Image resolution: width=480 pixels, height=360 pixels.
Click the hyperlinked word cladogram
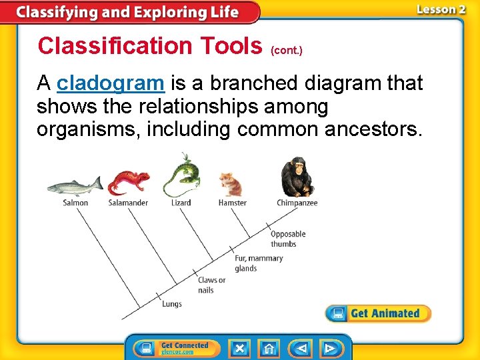click(x=110, y=83)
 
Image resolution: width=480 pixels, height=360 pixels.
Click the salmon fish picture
click(x=75, y=185)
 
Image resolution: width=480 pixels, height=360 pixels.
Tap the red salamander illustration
click(x=129, y=181)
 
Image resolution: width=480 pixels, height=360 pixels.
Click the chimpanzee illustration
click(x=297, y=177)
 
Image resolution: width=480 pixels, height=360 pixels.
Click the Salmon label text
click(x=75, y=203)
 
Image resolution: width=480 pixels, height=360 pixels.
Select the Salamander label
click(x=128, y=203)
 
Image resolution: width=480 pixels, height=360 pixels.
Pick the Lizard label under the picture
click(x=181, y=203)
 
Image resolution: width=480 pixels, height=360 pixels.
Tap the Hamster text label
click(x=232, y=203)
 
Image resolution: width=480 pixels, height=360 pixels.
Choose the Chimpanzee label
click(x=297, y=203)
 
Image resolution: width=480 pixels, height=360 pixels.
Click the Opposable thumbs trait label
click(x=288, y=239)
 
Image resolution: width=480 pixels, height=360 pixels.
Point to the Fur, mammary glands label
click(x=259, y=263)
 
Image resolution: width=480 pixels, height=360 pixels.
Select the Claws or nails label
click(x=211, y=285)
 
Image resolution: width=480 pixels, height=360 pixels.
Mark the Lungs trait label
click(x=171, y=305)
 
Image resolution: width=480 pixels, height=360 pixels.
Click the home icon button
click(x=269, y=348)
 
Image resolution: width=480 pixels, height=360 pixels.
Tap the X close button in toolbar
click(x=239, y=348)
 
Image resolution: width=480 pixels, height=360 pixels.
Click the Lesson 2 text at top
click(x=441, y=9)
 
